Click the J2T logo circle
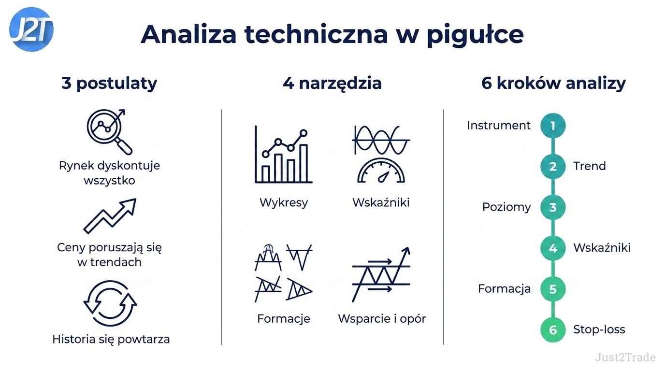31,29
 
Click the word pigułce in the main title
475,36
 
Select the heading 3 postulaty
109,84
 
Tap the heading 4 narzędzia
332,84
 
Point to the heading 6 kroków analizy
553,84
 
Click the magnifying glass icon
110,132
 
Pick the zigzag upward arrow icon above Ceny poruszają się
110,216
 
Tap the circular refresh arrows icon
110,303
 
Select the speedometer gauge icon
381,171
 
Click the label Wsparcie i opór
382,319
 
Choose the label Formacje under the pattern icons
284,319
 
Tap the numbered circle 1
553,126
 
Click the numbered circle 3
553,207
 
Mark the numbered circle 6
553,330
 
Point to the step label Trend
589,166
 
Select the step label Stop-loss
599,329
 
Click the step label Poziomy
506,207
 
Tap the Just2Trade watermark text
625,357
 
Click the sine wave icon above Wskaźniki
381,140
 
